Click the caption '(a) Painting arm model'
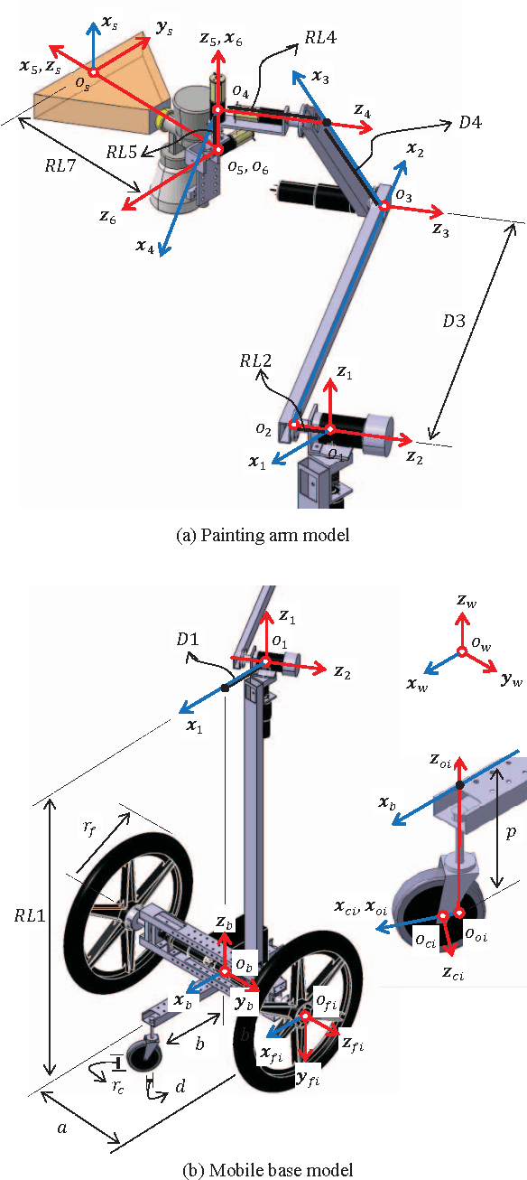click(263, 535)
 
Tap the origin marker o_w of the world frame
click(461, 651)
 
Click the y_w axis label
click(511, 678)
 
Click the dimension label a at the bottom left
click(60, 1126)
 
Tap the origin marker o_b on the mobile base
click(224, 972)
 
